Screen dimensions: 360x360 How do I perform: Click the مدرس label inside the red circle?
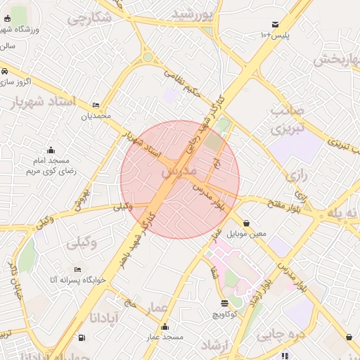[x=180, y=171]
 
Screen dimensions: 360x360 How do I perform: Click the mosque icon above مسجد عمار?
[x=165, y=326]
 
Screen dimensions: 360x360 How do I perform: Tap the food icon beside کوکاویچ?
[x=224, y=303]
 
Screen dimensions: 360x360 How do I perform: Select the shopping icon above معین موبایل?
[x=246, y=223]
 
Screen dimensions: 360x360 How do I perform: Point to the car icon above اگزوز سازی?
[x=5, y=71]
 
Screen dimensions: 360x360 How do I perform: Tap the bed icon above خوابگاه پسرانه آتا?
[x=77, y=269]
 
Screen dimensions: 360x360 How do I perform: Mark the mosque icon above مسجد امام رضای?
[x=51, y=150]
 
